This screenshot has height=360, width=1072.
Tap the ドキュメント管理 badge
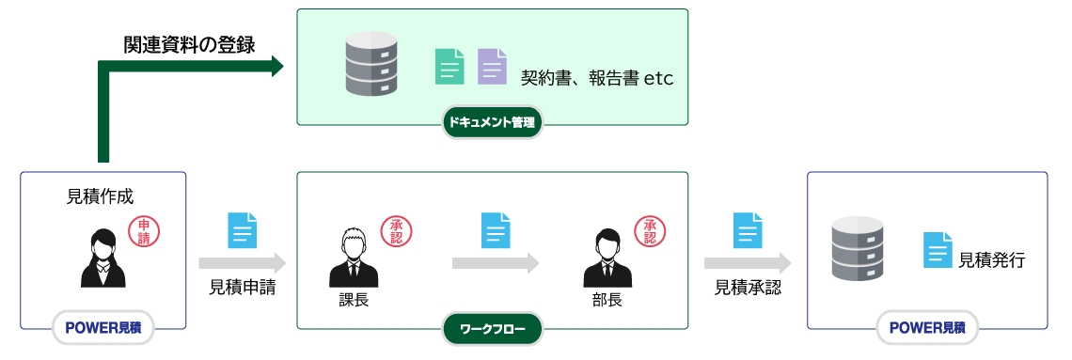click(493, 122)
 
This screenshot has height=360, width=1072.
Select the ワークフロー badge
click(492, 329)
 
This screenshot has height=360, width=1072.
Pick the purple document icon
click(492, 67)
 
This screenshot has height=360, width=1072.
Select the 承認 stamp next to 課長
click(396, 231)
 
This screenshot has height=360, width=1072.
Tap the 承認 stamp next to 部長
click(649, 231)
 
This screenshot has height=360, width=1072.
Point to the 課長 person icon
click(354, 258)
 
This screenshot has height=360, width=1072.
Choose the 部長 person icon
click(607, 258)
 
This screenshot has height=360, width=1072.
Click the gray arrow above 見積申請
click(242, 263)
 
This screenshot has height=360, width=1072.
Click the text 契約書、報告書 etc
click(597, 78)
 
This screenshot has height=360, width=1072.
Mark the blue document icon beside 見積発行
click(937, 250)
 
